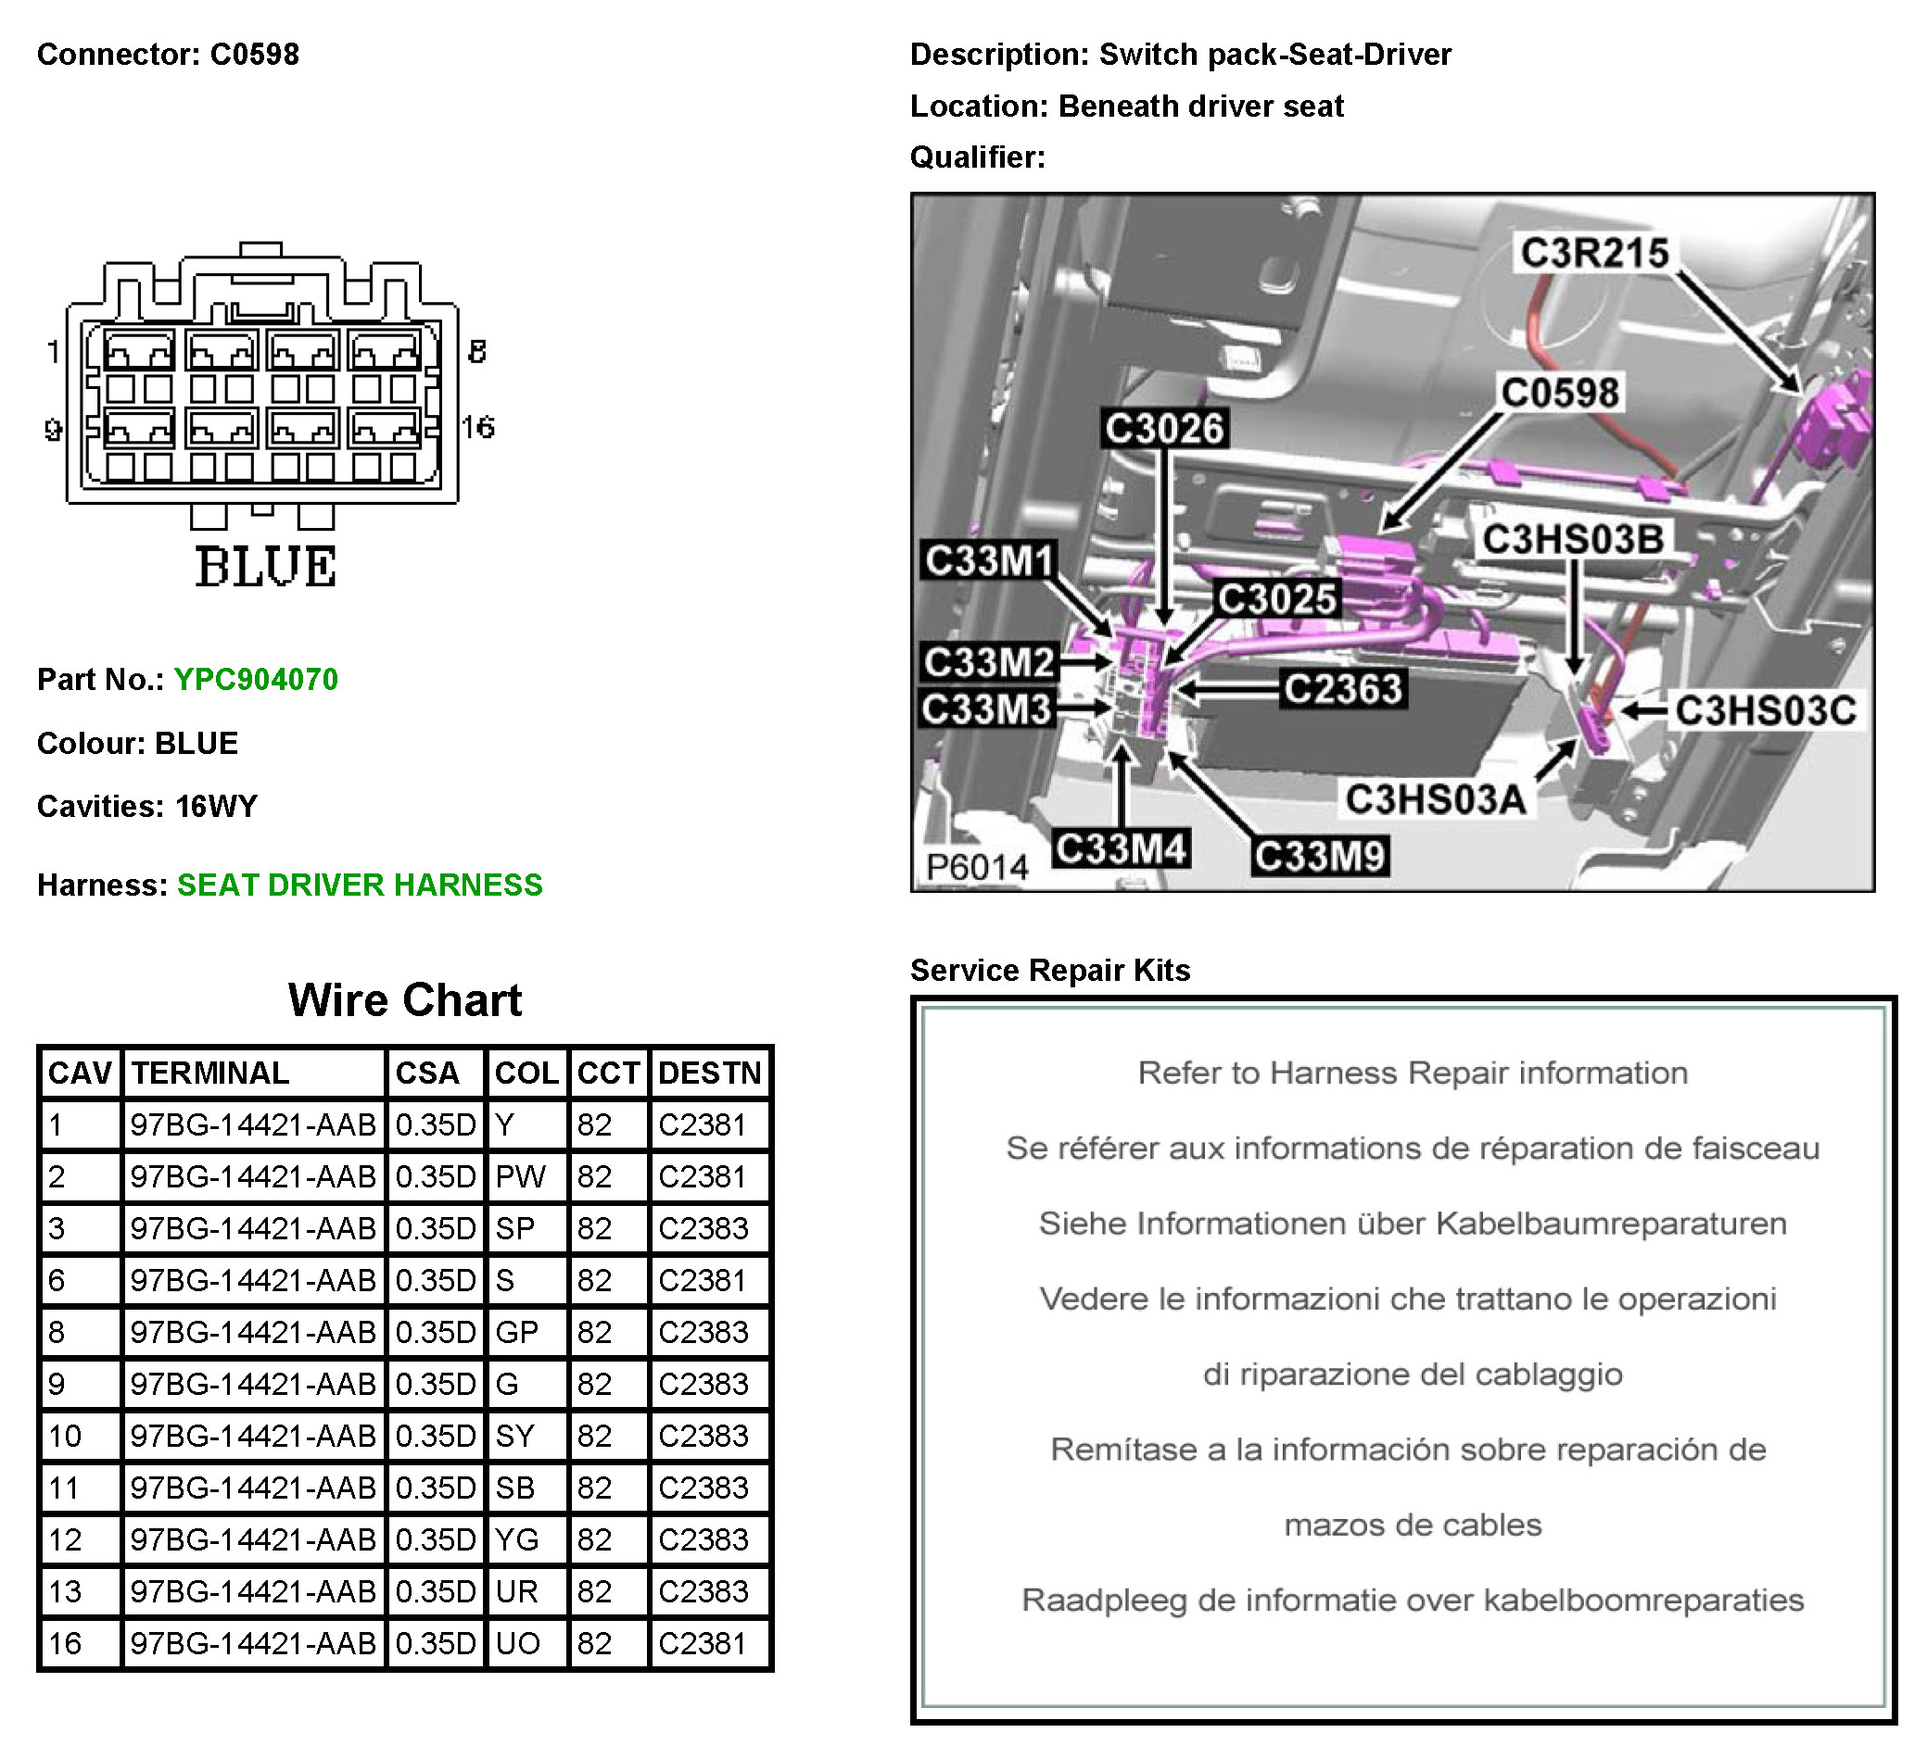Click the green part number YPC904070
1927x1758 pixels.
255,679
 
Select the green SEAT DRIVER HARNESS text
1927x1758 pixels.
360,885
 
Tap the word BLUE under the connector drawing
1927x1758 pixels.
266,567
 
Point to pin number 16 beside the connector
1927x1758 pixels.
478,427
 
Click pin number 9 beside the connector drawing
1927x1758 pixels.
54,430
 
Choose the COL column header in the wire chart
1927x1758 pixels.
526,1073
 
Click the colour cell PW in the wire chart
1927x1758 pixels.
520,1176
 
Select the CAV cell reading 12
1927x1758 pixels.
65,1539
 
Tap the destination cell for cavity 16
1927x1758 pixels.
703,1642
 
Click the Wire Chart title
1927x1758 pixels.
404,1000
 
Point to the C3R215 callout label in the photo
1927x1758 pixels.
1593,253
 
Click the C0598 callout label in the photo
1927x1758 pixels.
1560,393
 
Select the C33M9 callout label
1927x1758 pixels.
1319,856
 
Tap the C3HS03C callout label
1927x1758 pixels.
1766,709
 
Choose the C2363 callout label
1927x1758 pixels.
1342,688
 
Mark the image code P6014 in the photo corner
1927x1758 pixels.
977,867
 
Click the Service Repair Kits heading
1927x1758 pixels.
1049,970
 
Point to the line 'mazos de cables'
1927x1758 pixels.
1412,1524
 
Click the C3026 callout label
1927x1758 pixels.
1163,428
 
